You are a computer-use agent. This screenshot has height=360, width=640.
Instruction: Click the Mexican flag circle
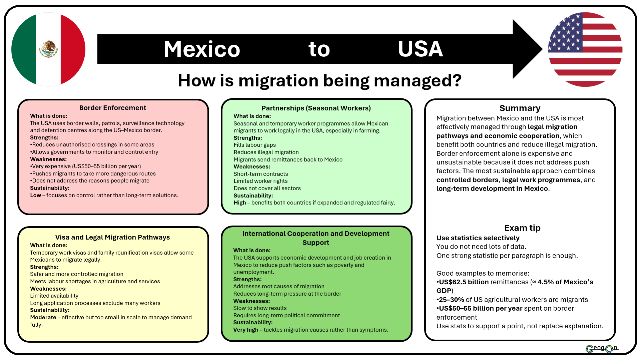click(x=48, y=49)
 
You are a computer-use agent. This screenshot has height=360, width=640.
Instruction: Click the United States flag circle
click(x=585, y=49)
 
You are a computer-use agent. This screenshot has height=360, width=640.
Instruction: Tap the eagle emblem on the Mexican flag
click(x=48, y=49)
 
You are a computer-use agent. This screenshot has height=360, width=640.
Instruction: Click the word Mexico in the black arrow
click(x=202, y=49)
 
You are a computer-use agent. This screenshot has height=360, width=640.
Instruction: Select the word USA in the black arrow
click(x=420, y=49)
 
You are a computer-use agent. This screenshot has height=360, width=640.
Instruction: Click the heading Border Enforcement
click(x=113, y=108)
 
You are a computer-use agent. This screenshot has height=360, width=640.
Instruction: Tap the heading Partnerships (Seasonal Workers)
click(x=316, y=108)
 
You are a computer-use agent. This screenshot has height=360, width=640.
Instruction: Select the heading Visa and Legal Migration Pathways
click(x=112, y=237)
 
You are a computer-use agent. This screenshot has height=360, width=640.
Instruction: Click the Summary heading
click(x=520, y=108)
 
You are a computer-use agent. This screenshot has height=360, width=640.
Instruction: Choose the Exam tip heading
click(x=522, y=228)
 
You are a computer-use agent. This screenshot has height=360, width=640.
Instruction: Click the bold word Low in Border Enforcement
click(x=35, y=195)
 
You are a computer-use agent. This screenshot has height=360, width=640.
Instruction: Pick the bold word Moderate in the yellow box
click(x=43, y=317)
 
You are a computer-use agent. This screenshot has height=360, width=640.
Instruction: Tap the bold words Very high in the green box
click(x=245, y=330)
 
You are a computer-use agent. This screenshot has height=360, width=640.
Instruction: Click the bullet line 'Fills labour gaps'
click(x=254, y=145)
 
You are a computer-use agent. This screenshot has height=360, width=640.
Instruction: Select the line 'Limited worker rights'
click(x=260, y=181)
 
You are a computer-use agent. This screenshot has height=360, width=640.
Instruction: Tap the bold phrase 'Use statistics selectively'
click(x=478, y=238)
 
